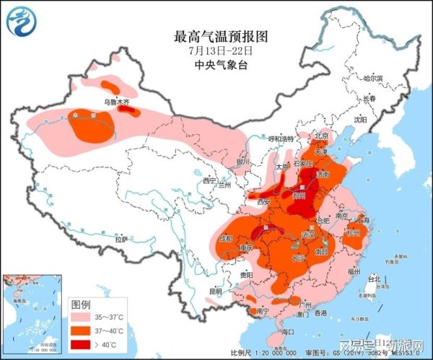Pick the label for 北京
point(322,136)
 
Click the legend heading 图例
point(80,304)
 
